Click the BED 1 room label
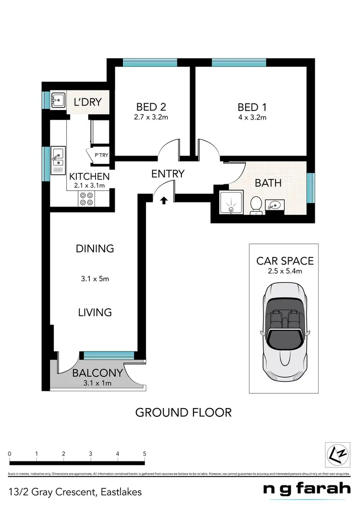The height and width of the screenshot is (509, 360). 252,106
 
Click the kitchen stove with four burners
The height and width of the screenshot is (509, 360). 86,199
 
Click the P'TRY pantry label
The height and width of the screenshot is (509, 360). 101,155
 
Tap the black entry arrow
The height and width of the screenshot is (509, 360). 164,200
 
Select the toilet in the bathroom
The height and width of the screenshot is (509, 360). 256,205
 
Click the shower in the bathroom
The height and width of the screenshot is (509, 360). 231,204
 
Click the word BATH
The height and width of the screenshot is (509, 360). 268,182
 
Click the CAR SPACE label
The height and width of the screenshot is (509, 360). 285,261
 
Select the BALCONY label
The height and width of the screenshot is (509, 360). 97,373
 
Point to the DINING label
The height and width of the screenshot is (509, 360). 95,248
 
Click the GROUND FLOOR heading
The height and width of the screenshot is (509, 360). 183,412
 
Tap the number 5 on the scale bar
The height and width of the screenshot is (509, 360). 144,453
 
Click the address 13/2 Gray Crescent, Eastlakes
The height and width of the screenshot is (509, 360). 75,492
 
